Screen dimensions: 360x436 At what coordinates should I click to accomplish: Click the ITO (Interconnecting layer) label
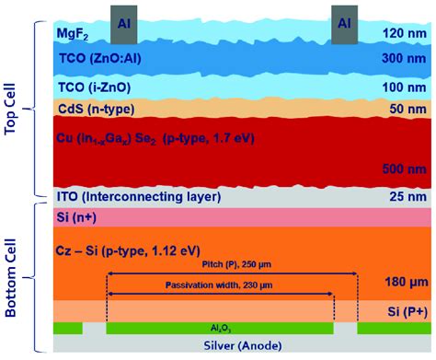point(139,196)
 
